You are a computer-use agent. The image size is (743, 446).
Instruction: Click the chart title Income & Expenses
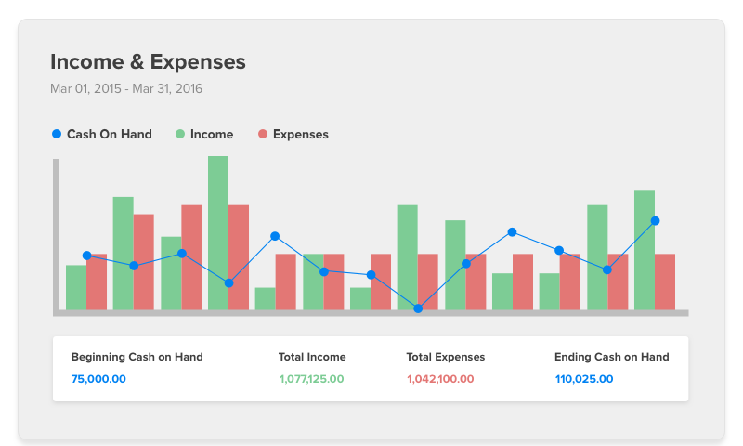pos(148,62)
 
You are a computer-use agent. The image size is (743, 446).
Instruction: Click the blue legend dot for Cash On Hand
pos(57,135)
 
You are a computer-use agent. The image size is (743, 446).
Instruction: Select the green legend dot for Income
pos(180,135)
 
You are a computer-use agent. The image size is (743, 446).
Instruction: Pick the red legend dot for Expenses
pos(263,135)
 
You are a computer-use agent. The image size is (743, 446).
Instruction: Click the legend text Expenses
pos(300,135)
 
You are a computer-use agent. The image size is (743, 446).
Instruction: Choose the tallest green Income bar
pos(218,232)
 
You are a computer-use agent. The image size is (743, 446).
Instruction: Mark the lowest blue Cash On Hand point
pos(418,308)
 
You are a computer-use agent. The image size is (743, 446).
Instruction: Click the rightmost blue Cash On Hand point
pos(655,221)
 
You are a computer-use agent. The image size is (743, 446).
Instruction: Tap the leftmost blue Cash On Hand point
pos(86,256)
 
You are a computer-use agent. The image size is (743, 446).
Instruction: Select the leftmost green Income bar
pos(76,288)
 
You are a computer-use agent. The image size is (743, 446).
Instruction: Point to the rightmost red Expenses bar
pos(665,282)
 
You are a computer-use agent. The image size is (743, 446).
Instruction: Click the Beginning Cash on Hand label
pos(137,357)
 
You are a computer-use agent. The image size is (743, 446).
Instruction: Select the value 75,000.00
pos(98,379)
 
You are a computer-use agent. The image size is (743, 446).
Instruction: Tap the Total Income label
pos(312,357)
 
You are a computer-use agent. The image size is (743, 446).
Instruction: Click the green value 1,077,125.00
pos(311,379)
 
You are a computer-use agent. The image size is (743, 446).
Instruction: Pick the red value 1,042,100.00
pos(440,379)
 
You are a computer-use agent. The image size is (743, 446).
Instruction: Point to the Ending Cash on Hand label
pos(611,357)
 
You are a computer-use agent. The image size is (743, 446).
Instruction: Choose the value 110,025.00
pos(583,379)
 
